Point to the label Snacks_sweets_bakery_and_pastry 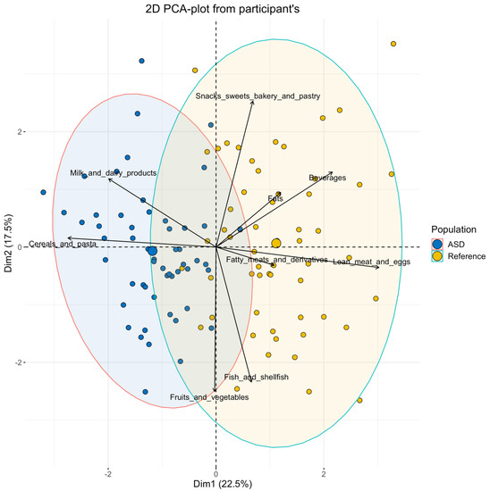coord(258,96)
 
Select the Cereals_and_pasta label coord(63,244)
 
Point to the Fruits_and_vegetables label coord(209,396)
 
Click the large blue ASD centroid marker coord(152,252)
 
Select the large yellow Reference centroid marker coord(276,243)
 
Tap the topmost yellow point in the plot coord(393,44)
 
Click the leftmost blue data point coord(43,192)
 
